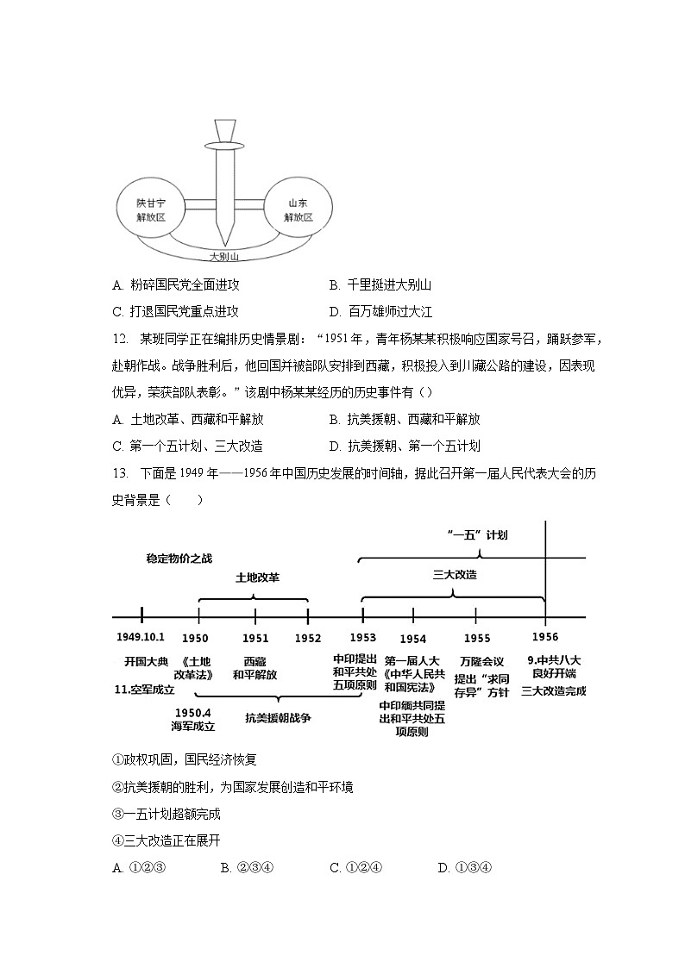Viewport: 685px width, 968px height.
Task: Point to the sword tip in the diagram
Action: point(225,242)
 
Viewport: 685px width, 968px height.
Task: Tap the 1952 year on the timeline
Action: point(308,638)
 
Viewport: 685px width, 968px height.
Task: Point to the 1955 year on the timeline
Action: point(476,638)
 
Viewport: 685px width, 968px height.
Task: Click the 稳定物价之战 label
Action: point(179,559)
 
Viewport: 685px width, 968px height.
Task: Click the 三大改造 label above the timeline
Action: point(455,574)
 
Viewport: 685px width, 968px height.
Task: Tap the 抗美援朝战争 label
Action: point(278,717)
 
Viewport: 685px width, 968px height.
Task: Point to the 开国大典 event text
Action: point(145,661)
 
